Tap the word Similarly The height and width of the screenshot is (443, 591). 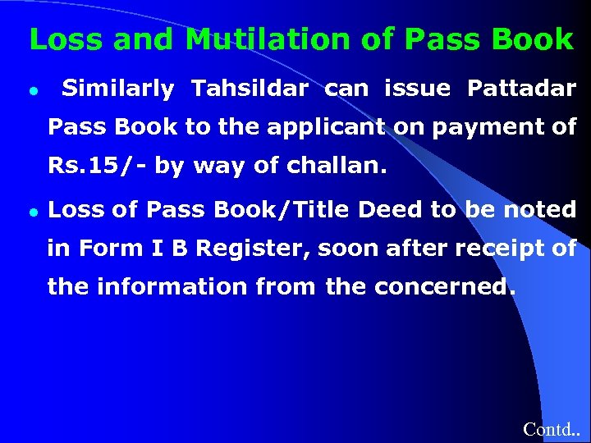(117, 89)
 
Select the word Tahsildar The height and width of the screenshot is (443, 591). (250, 89)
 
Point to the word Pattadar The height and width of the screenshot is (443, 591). (521, 89)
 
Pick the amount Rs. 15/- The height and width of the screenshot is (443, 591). (97, 166)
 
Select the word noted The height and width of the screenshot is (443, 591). (539, 210)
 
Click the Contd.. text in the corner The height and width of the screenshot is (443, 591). (551, 429)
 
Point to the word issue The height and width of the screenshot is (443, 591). (417, 89)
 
